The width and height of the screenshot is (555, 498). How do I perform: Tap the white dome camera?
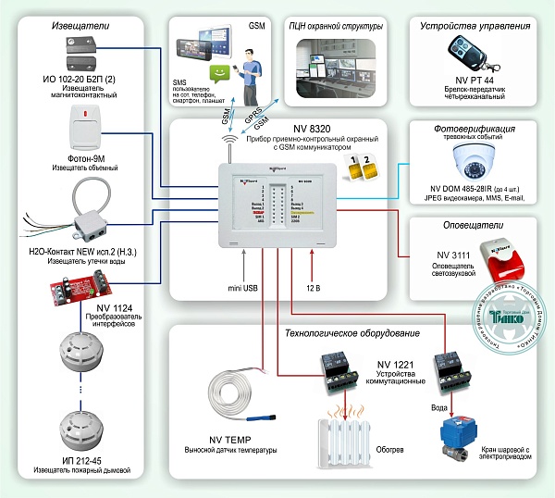pyautogui.click(x=474, y=162)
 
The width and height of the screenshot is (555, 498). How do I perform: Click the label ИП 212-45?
pyautogui.click(x=79, y=459)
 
